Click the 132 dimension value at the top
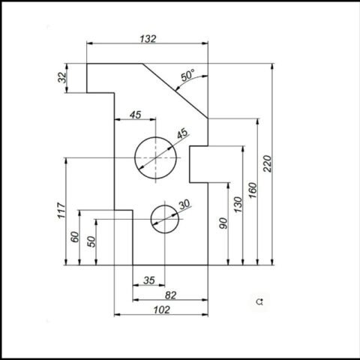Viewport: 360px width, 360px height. click(x=148, y=39)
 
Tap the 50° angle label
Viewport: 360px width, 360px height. click(x=187, y=75)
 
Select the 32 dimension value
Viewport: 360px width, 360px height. click(x=62, y=77)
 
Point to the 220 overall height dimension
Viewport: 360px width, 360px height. click(x=267, y=163)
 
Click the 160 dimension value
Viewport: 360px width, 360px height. click(x=253, y=190)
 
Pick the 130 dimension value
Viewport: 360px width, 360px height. click(x=238, y=205)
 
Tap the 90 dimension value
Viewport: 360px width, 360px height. click(x=223, y=223)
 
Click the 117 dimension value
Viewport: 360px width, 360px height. click(x=61, y=211)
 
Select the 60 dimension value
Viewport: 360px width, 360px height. click(x=75, y=237)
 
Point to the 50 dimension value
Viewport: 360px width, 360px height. click(x=91, y=241)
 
